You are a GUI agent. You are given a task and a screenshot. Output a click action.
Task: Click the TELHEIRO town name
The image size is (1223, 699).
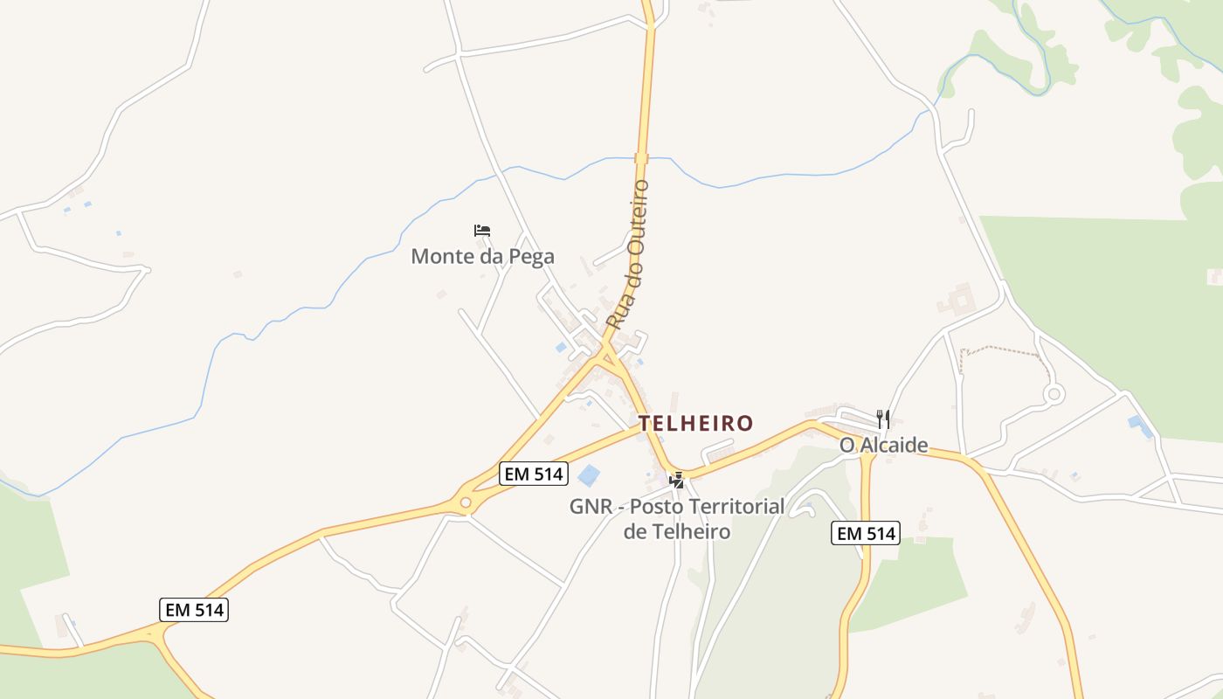click(x=695, y=424)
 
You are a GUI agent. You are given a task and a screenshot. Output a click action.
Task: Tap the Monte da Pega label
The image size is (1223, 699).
click(x=482, y=257)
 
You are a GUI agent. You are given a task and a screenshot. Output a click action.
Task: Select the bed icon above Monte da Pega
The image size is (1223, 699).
click(x=482, y=231)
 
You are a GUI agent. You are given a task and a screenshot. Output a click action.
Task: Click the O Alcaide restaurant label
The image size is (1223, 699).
click(x=883, y=446)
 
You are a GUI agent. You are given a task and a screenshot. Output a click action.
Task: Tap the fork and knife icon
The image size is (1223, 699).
click(x=883, y=419)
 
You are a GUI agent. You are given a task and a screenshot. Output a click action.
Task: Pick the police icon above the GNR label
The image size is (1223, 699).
click(x=676, y=480)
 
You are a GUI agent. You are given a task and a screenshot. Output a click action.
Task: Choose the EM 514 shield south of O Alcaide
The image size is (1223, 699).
click(x=865, y=533)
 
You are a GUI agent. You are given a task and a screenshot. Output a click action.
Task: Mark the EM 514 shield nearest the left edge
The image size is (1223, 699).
click(x=194, y=610)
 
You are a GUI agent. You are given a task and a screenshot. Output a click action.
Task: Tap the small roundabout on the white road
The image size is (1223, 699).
click(x=1054, y=394)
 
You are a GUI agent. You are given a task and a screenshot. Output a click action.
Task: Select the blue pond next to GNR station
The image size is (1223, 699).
click(x=590, y=475)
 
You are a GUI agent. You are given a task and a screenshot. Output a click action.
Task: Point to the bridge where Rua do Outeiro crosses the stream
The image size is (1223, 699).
click(x=642, y=158)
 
